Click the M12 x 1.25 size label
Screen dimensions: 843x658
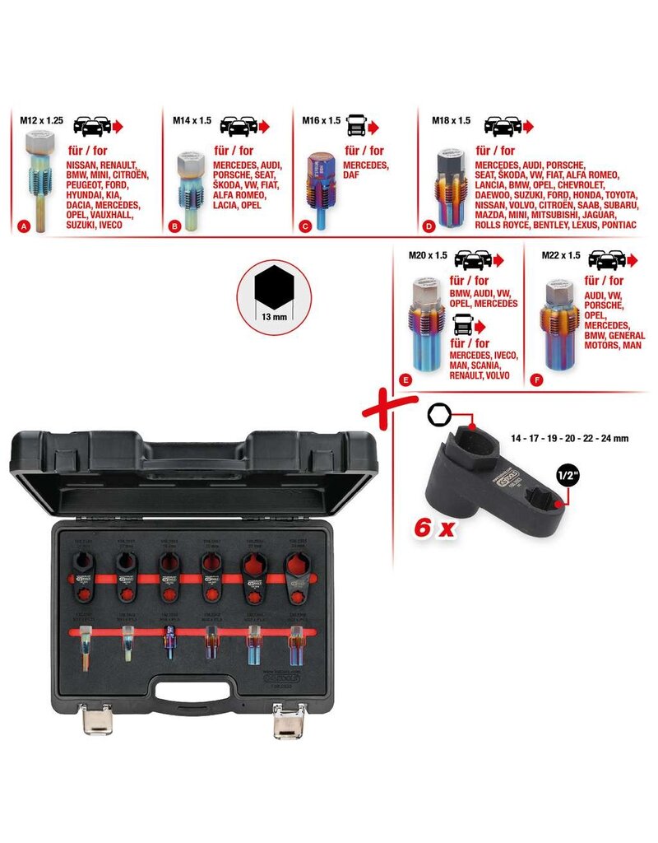pyautogui.click(x=39, y=119)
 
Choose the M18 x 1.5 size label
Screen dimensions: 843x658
pyautogui.click(x=452, y=119)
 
